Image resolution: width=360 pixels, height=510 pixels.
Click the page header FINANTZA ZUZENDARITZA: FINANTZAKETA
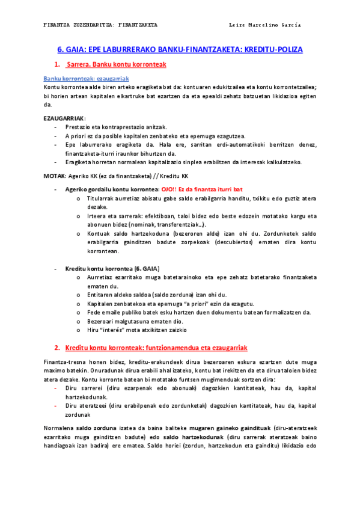coord(101,25)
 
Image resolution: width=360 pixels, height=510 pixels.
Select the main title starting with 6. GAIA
coord(180,50)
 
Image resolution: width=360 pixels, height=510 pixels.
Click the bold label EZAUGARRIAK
coord(64,118)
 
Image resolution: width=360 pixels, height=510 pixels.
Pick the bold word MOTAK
coord(55,176)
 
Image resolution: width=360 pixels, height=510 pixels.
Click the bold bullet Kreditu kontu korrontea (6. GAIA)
coord(112,268)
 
